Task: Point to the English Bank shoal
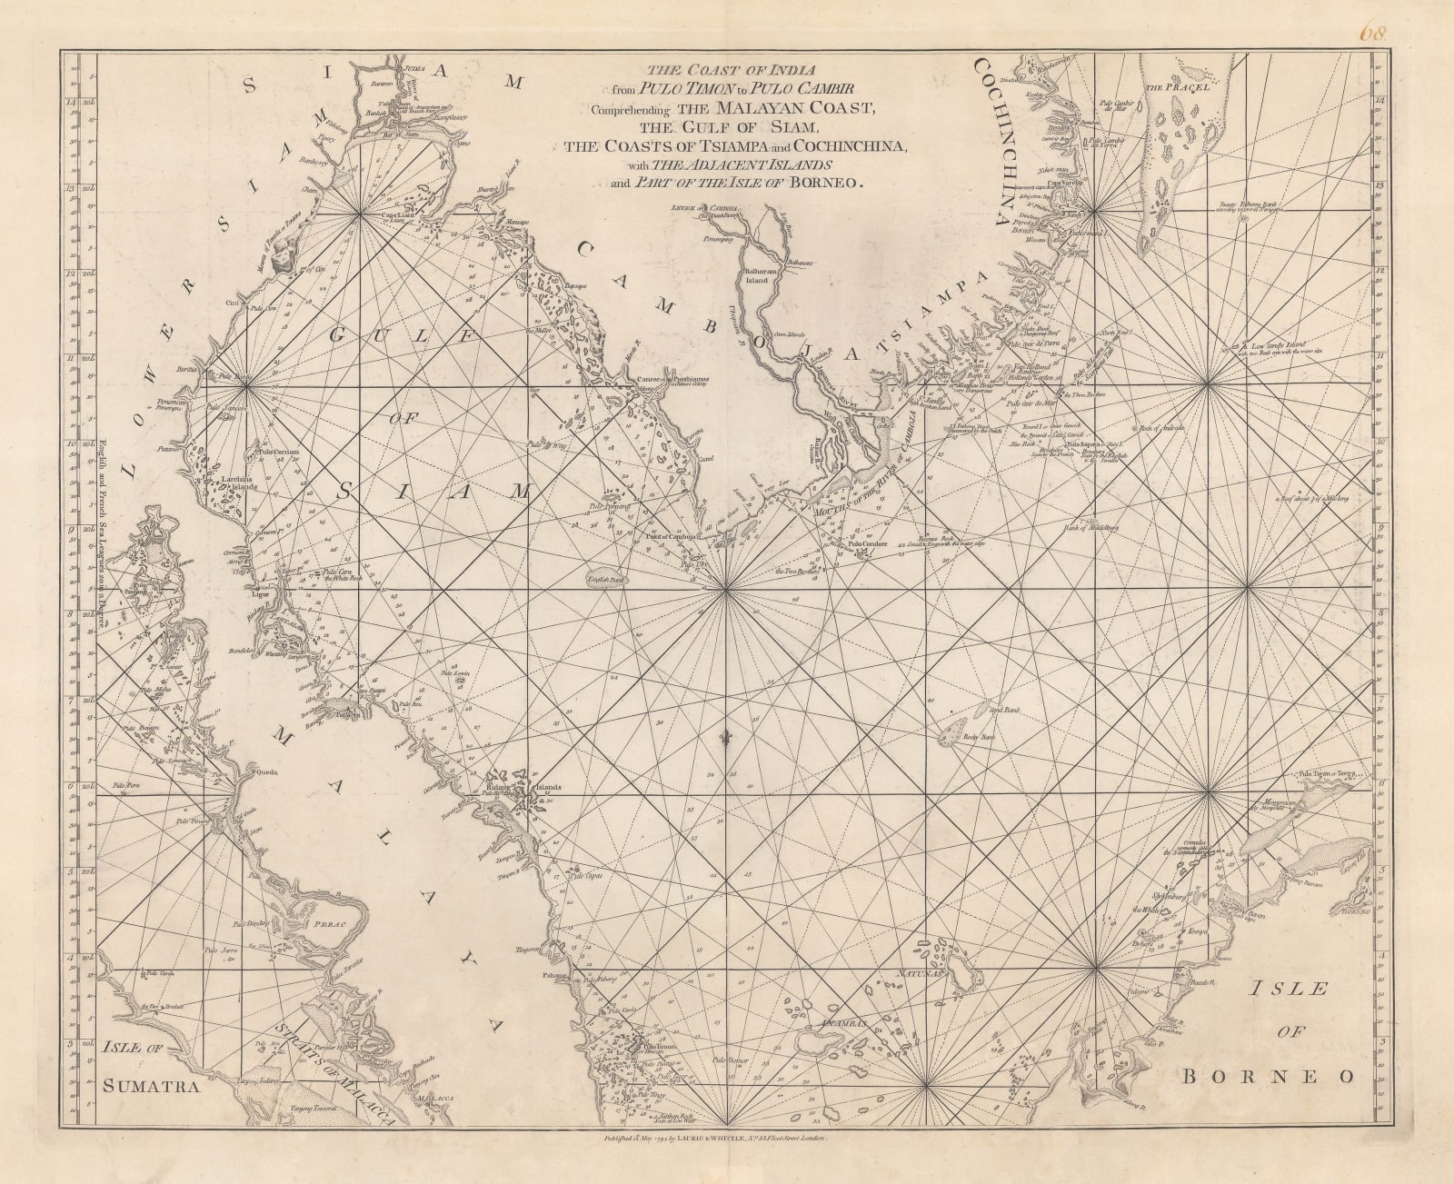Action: (x=605, y=580)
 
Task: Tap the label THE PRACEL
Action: (x=1169, y=88)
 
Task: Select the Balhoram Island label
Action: (x=757, y=275)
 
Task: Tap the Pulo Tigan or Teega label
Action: (x=1328, y=774)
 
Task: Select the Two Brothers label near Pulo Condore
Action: (x=793, y=572)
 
